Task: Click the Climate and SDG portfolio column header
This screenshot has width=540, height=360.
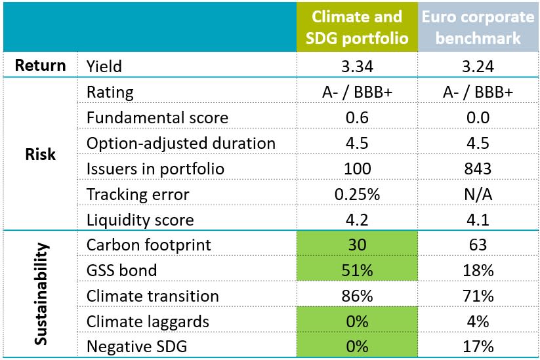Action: click(x=356, y=27)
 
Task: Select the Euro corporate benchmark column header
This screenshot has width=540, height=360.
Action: click(x=478, y=27)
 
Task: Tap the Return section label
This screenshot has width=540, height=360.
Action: click(x=40, y=66)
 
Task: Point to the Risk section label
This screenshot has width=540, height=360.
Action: click(x=40, y=155)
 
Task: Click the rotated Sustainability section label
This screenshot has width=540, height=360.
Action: click(x=40, y=294)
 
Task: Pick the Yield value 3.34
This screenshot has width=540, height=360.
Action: click(x=356, y=66)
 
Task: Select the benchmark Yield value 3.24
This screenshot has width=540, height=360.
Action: click(x=478, y=66)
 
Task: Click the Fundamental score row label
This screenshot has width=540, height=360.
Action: click(x=157, y=118)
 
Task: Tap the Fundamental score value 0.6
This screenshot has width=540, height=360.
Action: click(x=356, y=118)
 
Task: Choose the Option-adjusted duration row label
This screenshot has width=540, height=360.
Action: click(x=181, y=144)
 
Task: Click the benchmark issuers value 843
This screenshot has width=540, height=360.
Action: click(x=478, y=169)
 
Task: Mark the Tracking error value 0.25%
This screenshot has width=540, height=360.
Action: click(x=356, y=194)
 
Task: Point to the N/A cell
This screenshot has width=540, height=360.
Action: click(x=478, y=194)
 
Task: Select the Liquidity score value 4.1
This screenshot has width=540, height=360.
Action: click(x=478, y=220)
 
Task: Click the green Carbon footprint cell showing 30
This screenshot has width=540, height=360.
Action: click(x=356, y=245)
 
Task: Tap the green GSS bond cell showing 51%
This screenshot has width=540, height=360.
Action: click(x=356, y=270)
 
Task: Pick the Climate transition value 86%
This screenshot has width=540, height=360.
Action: click(x=356, y=295)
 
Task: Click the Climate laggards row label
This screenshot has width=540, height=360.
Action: click(x=148, y=321)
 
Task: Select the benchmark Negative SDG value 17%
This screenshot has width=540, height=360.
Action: click(x=478, y=346)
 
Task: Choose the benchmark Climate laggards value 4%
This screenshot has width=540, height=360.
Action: click(x=478, y=321)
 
